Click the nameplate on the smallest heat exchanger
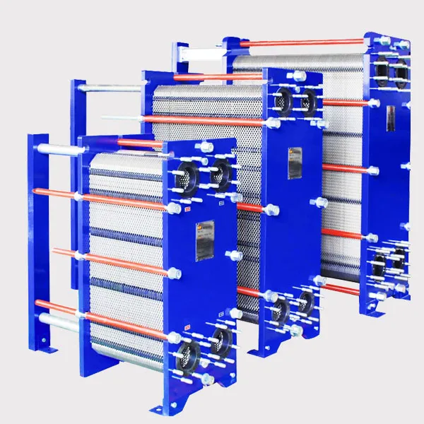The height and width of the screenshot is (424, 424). tap(206, 238)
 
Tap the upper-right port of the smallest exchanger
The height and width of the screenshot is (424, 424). tap(220, 170)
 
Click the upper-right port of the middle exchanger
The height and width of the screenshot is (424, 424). tap(307, 101)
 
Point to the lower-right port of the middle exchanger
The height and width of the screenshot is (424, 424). tap(305, 302)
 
